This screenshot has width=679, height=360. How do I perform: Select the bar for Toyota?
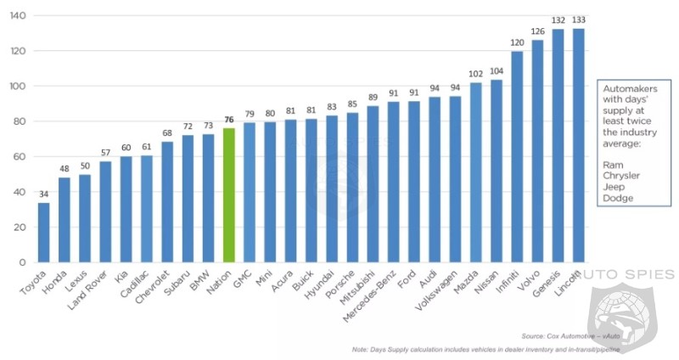(x=43, y=232)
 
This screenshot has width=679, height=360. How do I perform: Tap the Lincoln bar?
(x=579, y=145)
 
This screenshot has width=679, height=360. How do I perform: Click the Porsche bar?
(x=352, y=187)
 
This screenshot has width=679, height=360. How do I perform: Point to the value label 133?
(x=579, y=20)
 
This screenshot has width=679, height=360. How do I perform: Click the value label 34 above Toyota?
(x=43, y=194)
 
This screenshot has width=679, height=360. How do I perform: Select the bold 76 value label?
(x=228, y=120)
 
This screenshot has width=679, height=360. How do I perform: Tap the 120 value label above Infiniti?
(x=517, y=42)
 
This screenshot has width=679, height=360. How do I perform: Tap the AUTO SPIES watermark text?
(x=628, y=274)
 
